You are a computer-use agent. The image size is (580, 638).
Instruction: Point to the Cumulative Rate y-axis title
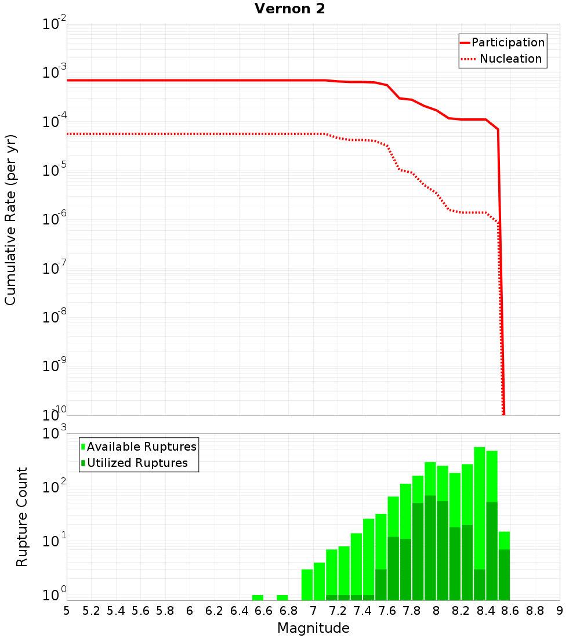click(10, 220)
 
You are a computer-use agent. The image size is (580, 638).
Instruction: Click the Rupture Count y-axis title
click(22, 517)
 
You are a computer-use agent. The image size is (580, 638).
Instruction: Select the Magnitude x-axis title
click(313, 628)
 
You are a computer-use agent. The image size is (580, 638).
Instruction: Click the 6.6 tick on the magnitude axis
click(264, 611)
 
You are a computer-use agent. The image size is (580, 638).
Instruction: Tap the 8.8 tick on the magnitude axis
click(535, 611)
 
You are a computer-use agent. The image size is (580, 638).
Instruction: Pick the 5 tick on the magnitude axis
click(67, 611)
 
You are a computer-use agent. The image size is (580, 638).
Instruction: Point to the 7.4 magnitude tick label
click(362, 611)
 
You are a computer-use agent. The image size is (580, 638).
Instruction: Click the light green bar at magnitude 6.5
click(258, 597)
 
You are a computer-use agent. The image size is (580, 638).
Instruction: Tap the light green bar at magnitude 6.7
click(282, 597)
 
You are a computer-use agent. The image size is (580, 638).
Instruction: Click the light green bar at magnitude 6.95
click(307, 585)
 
